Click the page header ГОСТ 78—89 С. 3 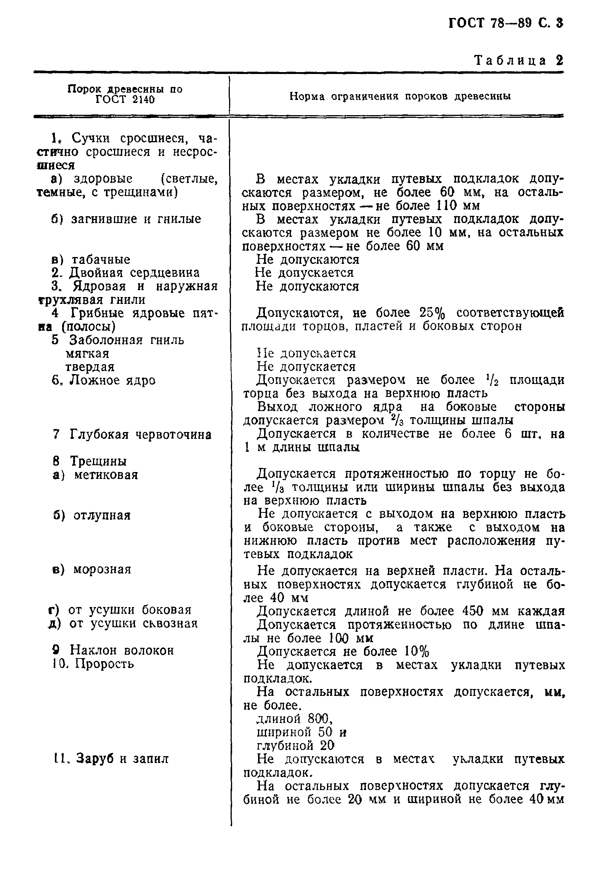coord(505,24)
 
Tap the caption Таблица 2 coord(518,61)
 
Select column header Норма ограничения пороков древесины coord(400,96)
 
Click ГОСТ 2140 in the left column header coord(125,100)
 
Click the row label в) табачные coord(91,260)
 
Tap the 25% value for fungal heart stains coord(432,313)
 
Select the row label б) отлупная coord(92,516)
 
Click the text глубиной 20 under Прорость coord(295,745)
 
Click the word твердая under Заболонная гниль coord(90,367)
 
